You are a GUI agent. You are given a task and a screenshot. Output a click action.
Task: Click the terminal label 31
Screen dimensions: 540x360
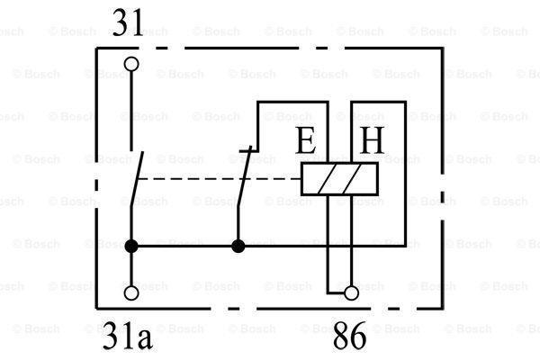point(128,22)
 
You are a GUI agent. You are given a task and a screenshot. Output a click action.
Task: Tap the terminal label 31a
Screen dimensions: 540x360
point(128,336)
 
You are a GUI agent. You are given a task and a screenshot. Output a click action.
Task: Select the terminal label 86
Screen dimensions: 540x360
point(349,336)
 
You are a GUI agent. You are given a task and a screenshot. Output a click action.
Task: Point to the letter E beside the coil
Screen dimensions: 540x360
point(305,140)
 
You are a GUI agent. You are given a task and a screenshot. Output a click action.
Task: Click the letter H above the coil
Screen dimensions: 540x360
point(372,140)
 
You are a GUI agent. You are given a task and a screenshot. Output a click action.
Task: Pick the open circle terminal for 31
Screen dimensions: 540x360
point(131,64)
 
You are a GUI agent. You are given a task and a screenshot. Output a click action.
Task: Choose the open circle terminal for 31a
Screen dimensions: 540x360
point(131,293)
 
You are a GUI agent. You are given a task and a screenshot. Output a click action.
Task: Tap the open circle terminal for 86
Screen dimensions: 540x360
point(351,293)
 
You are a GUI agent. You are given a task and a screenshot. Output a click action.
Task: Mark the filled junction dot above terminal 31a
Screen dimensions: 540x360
point(131,247)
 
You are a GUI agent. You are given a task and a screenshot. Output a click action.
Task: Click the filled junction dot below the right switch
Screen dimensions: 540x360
point(238,247)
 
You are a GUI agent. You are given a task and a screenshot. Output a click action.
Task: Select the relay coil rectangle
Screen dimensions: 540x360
point(339,179)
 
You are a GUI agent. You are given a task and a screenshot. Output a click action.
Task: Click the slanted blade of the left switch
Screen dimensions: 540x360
point(137,179)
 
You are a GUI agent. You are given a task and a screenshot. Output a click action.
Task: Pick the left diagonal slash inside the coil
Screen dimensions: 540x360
point(326,179)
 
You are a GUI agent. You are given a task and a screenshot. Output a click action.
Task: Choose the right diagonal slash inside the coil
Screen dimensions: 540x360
point(350,179)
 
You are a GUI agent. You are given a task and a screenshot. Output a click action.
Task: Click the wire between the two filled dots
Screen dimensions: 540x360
point(184,247)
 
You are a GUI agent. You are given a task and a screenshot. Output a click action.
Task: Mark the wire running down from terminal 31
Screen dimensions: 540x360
point(131,111)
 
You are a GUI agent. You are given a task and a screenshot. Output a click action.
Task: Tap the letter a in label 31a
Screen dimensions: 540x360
point(145,341)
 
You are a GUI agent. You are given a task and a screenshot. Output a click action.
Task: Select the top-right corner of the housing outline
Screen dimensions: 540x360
point(442,49)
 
